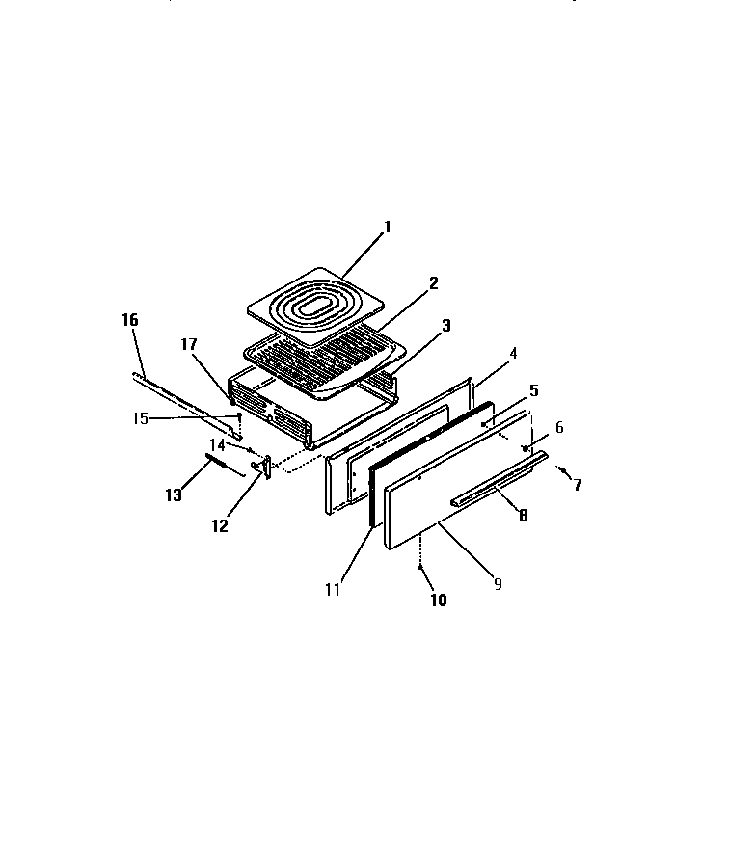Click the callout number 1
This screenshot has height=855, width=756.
pyautogui.click(x=387, y=227)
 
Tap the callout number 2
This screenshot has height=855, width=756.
pyautogui.click(x=434, y=282)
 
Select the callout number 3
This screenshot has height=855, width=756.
pyautogui.click(x=445, y=326)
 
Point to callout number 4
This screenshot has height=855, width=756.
pyautogui.click(x=513, y=353)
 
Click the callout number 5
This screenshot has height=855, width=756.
pyautogui.click(x=533, y=391)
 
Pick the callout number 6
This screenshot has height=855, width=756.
pyautogui.click(x=558, y=427)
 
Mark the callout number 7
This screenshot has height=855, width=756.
pyautogui.click(x=578, y=485)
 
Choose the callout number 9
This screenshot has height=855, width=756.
pyautogui.click(x=498, y=583)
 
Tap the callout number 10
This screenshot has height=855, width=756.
pyautogui.click(x=438, y=600)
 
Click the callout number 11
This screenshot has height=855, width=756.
pyautogui.click(x=332, y=590)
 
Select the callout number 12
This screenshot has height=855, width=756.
pyautogui.click(x=220, y=525)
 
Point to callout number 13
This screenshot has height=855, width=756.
pyautogui.click(x=174, y=494)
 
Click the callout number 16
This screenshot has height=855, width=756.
pyautogui.click(x=130, y=319)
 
